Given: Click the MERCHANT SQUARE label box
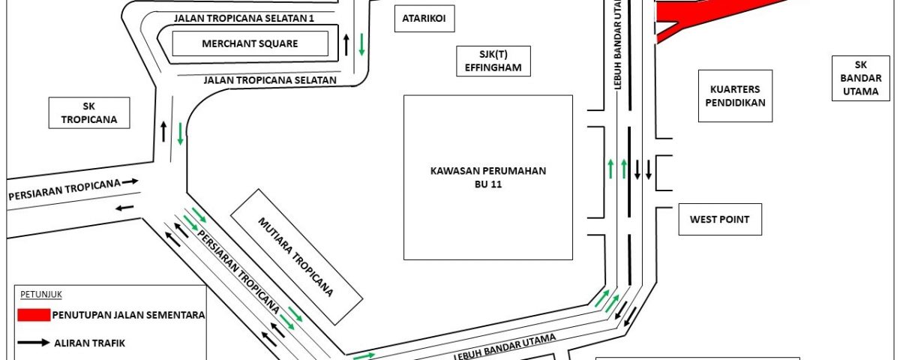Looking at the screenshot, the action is click(x=250, y=43).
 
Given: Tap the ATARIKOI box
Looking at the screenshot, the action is click(x=424, y=19).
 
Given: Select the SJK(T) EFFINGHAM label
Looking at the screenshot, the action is click(x=493, y=61).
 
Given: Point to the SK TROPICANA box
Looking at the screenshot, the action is click(x=89, y=113).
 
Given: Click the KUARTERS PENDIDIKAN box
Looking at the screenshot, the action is click(x=735, y=96).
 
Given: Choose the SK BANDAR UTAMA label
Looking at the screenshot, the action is click(x=861, y=78).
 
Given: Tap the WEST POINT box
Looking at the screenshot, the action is click(x=720, y=219).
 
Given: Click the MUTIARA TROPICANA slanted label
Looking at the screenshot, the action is click(x=296, y=256).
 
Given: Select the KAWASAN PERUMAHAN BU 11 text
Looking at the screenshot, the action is click(x=487, y=177).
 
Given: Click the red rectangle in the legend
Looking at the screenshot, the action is click(x=34, y=315).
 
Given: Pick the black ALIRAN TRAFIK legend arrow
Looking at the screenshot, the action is click(x=33, y=343).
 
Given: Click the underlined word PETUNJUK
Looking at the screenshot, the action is click(x=41, y=295).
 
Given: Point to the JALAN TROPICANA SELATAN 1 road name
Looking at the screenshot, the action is click(x=244, y=19).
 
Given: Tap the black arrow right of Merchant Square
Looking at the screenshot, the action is click(x=346, y=44).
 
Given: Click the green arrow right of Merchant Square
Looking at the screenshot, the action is click(x=361, y=44).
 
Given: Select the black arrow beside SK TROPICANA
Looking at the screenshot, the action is click(x=163, y=131).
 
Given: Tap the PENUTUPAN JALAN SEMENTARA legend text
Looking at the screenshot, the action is click(x=128, y=315).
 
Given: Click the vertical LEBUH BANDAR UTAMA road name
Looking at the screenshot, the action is click(x=617, y=44).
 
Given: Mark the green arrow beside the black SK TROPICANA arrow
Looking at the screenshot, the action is click(x=181, y=133).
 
